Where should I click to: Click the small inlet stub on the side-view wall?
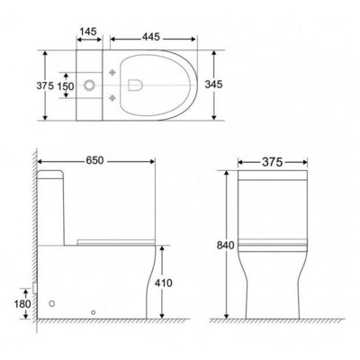pos(33,290)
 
